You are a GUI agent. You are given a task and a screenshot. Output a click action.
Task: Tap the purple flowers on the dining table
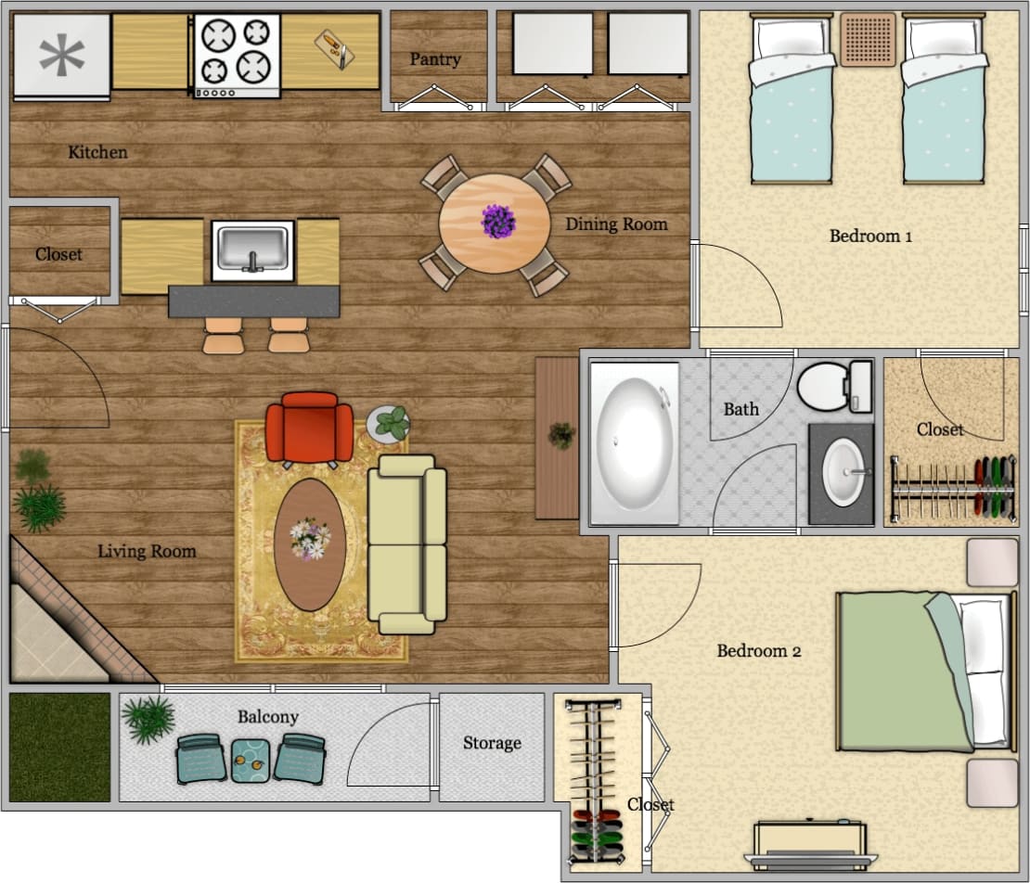click(498, 222)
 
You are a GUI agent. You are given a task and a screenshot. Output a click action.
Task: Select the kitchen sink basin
click(252, 249)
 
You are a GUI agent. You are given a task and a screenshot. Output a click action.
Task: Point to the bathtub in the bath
click(634, 443)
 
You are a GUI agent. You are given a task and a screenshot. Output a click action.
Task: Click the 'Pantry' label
click(435, 59)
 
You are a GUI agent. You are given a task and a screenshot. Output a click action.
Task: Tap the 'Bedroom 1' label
click(870, 236)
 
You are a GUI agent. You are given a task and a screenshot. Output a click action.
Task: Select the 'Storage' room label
click(492, 743)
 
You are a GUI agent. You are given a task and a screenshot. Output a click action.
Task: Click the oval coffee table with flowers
click(309, 544)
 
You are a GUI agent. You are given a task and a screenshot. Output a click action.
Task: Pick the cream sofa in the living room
click(406, 544)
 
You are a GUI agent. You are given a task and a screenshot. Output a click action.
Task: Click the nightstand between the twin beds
click(869, 39)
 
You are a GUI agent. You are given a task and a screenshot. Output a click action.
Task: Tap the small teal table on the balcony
click(249, 759)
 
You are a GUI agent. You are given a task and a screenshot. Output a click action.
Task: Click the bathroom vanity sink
click(844, 472)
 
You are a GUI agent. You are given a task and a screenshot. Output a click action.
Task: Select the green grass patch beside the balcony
click(59, 748)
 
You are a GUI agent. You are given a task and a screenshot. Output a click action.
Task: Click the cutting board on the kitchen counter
click(333, 48)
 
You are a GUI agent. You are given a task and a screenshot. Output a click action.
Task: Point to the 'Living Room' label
click(147, 551)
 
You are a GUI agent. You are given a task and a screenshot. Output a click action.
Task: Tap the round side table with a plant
click(390, 424)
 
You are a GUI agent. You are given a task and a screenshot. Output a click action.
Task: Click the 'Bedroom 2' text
click(758, 651)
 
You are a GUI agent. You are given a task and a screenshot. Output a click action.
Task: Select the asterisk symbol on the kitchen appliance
click(61, 56)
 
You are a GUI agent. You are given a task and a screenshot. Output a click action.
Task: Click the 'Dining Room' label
click(616, 224)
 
